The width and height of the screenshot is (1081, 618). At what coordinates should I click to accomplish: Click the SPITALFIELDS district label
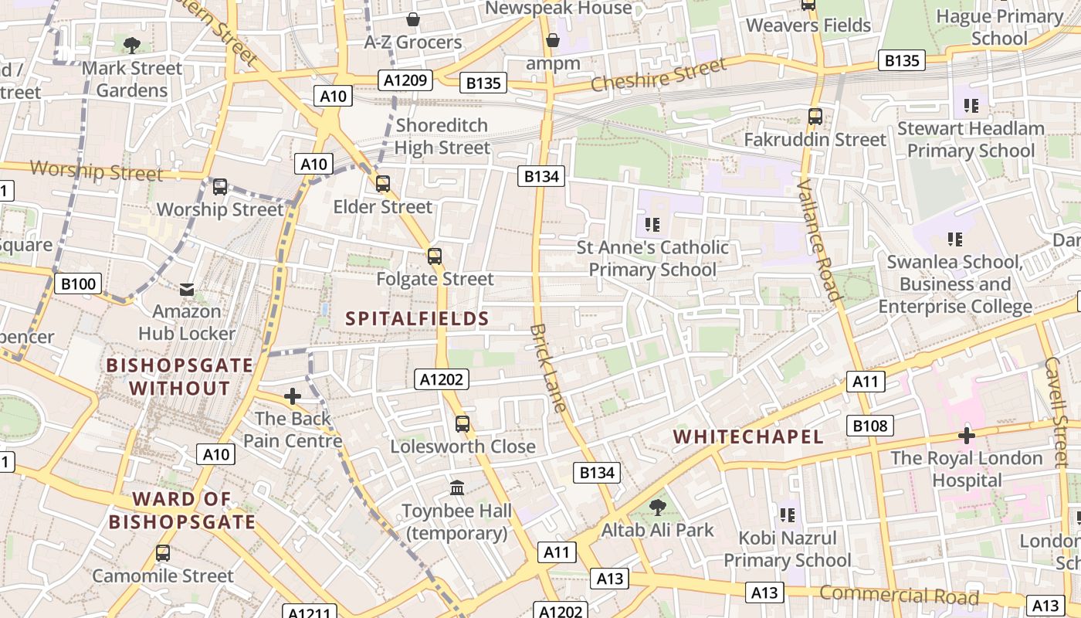click(417, 318)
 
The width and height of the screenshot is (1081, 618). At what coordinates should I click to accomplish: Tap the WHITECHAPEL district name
click(748, 436)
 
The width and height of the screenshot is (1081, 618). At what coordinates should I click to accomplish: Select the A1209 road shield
click(405, 79)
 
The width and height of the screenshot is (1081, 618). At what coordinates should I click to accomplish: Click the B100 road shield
click(78, 284)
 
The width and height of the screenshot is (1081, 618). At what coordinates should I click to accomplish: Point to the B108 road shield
click(870, 425)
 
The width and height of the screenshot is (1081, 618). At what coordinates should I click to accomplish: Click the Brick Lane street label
click(547, 368)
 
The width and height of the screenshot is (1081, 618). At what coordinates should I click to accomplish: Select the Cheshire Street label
click(658, 75)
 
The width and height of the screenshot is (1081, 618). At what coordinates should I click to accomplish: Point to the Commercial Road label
click(899, 596)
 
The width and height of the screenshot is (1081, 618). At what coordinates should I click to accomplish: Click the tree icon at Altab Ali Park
click(658, 508)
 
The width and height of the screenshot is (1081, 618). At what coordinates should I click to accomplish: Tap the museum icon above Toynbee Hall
click(457, 488)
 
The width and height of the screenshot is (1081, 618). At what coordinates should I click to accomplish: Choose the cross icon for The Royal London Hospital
click(966, 436)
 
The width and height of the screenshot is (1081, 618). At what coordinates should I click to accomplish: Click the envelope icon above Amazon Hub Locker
click(187, 290)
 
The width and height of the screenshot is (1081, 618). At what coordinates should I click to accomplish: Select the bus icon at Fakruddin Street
click(815, 117)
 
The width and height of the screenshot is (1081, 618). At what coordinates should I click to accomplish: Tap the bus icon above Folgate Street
click(435, 256)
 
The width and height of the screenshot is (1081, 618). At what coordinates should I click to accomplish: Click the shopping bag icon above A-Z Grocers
click(413, 19)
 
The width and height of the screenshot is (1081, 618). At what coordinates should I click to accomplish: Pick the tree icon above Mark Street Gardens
click(132, 45)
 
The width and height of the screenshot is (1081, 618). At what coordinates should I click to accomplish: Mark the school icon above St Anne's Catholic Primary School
click(652, 225)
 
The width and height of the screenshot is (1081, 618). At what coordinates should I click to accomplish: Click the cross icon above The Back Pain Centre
click(293, 396)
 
